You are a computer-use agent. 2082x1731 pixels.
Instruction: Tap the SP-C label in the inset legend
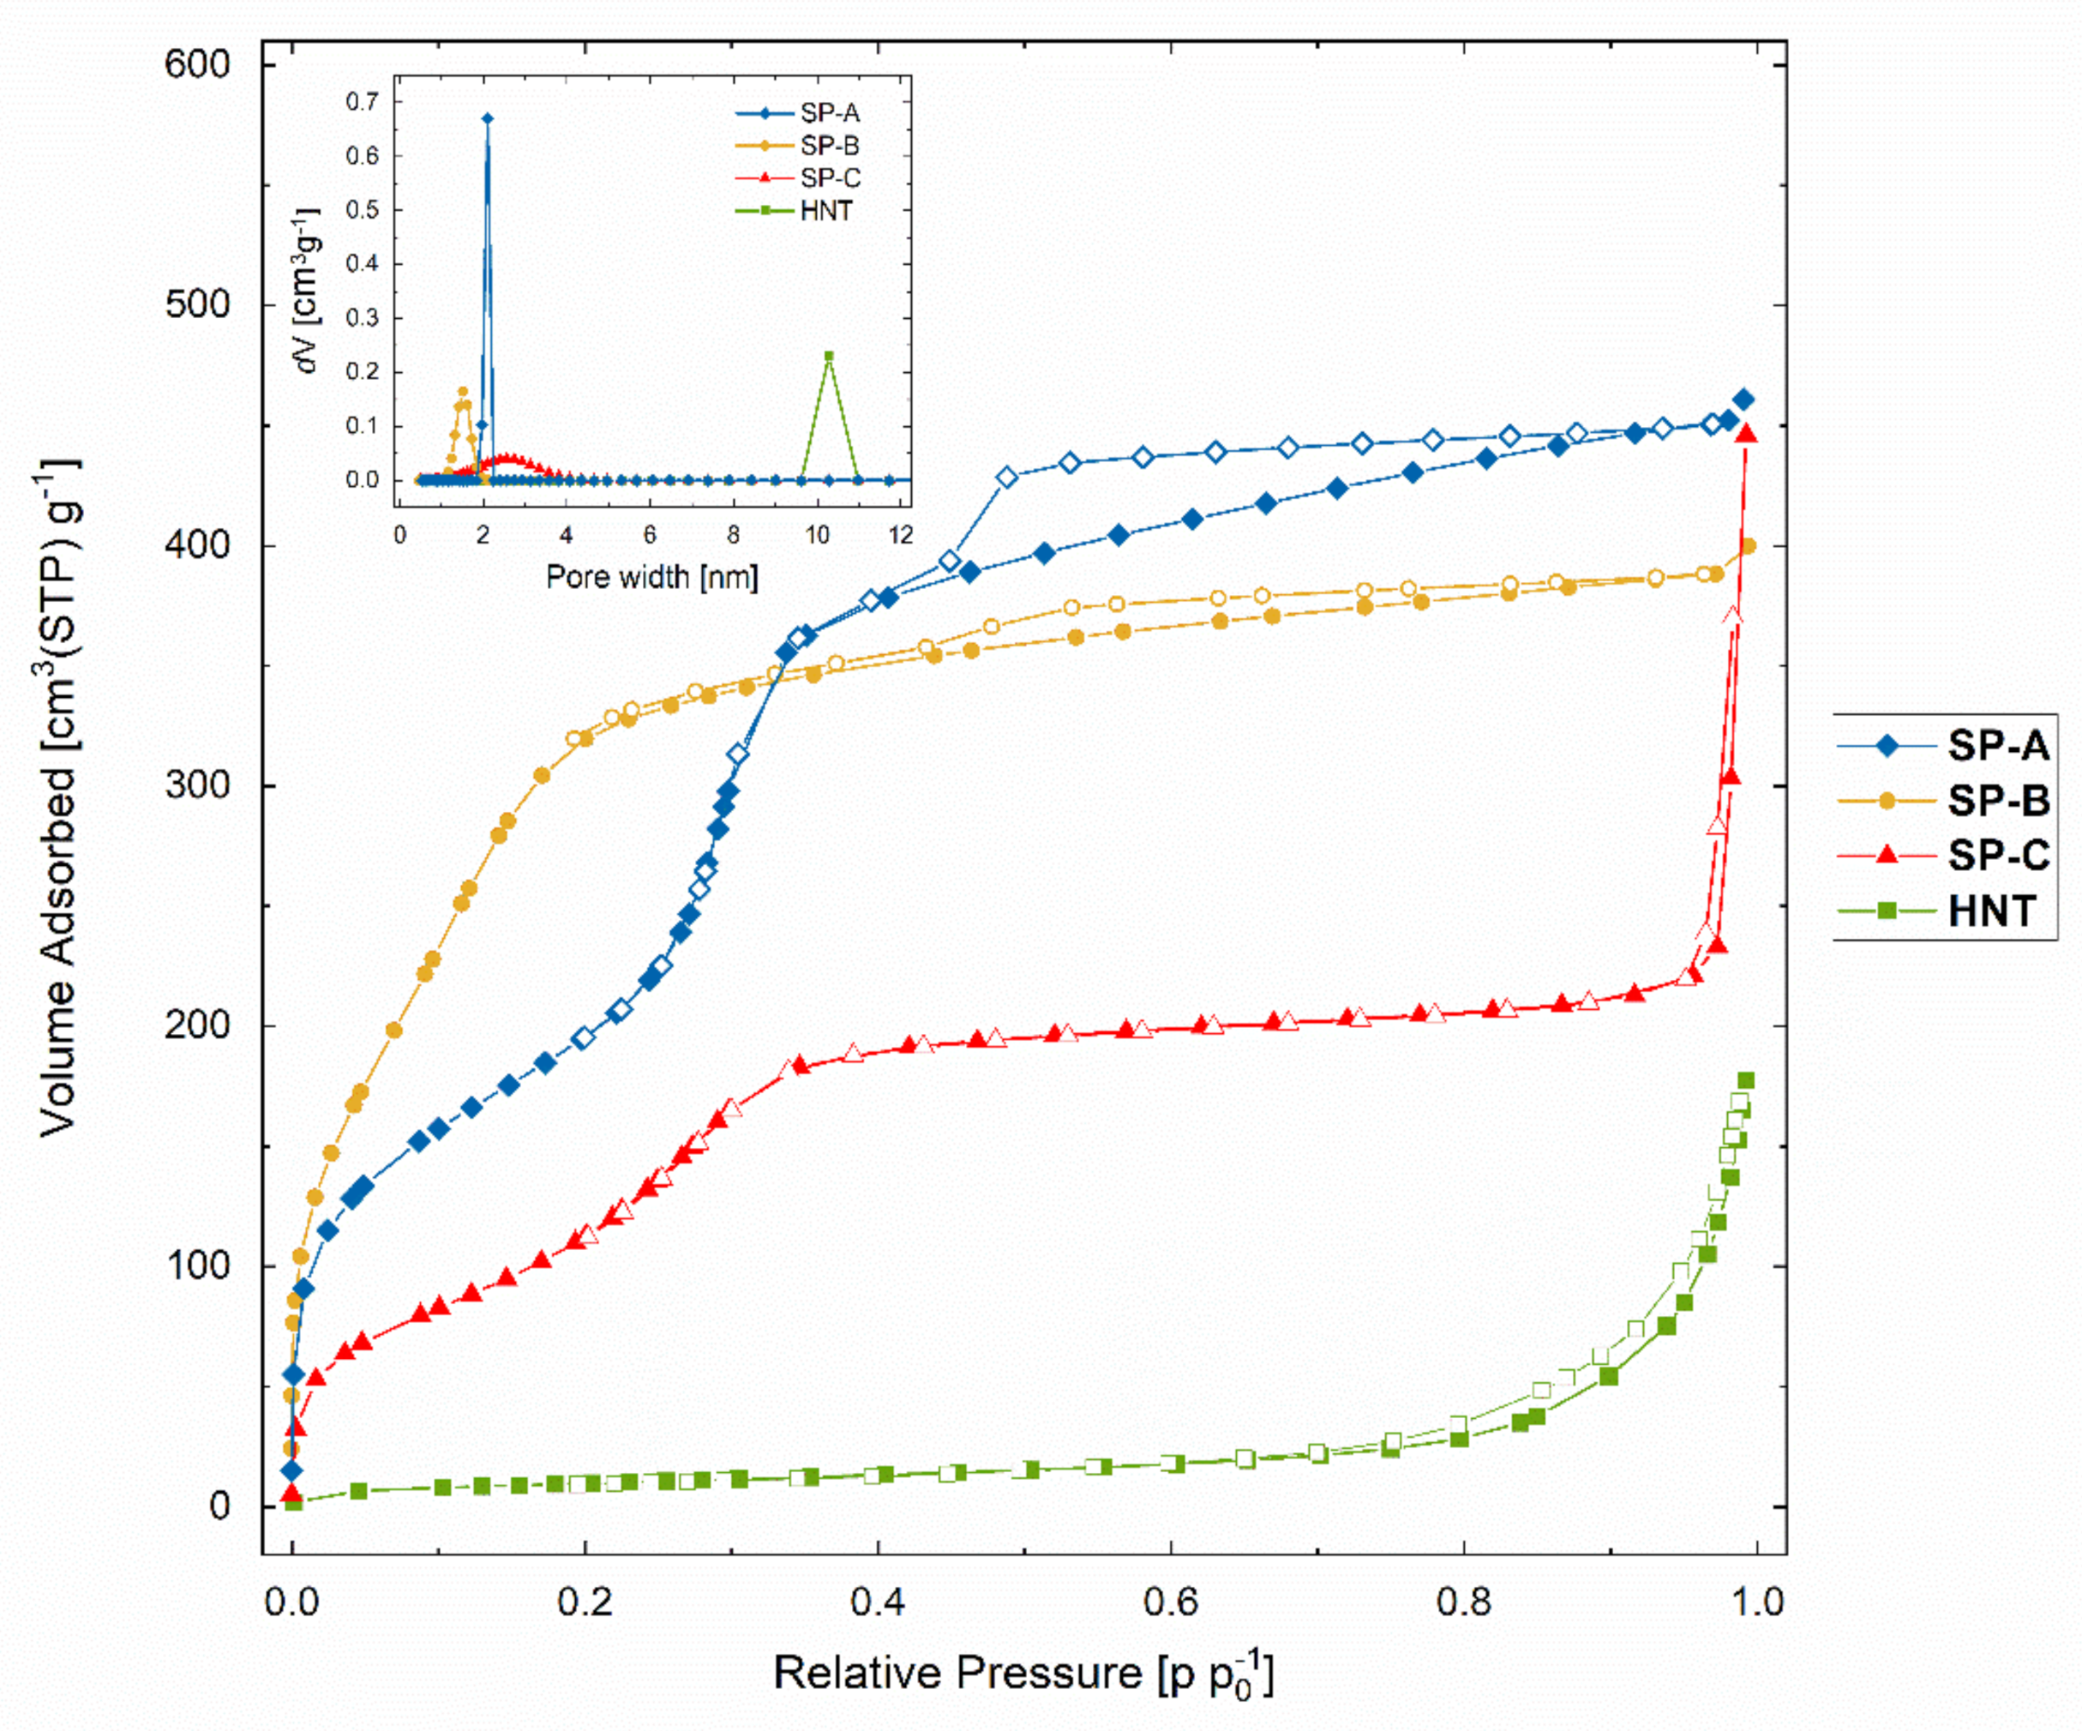830,178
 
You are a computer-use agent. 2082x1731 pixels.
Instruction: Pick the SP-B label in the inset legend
830,146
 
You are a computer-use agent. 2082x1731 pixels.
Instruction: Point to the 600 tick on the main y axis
197,64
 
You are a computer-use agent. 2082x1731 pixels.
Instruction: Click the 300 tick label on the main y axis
197,785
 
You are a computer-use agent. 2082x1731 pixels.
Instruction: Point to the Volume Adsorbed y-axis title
59,798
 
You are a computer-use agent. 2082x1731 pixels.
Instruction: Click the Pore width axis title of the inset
651,577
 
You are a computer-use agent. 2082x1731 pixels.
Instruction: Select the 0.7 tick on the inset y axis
362,102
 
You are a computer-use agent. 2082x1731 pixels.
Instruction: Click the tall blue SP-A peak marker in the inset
487,119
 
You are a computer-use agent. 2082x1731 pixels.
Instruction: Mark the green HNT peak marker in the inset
829,356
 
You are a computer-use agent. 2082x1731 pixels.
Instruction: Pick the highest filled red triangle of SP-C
1747,433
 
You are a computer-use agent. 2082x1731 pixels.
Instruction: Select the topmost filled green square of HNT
1746,1080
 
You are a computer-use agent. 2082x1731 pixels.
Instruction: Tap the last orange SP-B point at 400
1748,546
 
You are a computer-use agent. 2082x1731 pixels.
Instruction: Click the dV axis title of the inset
309,291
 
